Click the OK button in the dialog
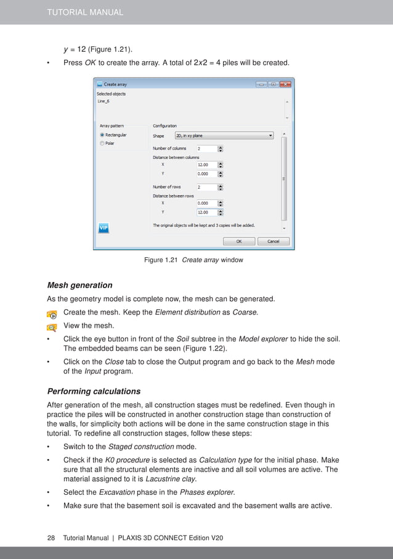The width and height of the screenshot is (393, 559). [239, 241]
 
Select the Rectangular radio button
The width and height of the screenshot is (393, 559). [102, 135]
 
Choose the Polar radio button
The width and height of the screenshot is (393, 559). [102, 143]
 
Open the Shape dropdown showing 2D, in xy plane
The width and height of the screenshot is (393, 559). [224, 135]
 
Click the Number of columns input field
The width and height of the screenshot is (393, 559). [206, 149]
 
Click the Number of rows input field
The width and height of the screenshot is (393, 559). [206, 187]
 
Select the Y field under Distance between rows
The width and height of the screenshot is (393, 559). [206, 212]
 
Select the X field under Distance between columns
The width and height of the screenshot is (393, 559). [206, 165]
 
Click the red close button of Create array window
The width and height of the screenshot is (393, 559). [285, 84]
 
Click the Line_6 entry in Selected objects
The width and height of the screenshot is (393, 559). [103, 101]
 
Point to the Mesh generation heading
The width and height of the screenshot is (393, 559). [79, 285]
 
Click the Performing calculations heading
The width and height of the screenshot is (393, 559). [94, 391]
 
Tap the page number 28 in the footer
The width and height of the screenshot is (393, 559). [52, 538]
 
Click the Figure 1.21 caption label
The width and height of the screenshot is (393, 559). [161, 260]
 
